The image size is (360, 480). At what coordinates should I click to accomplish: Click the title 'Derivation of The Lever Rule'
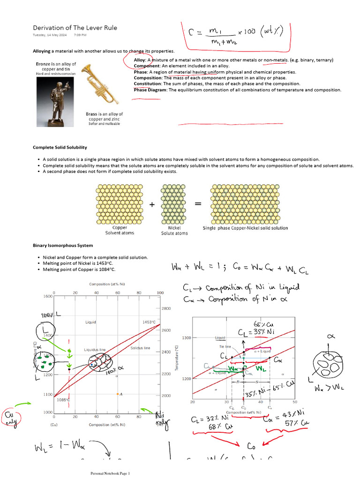[x=75, y=28]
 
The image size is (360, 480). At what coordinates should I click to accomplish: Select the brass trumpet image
[x=99, y=84]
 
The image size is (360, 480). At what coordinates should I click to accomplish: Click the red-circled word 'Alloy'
[x=139, y=60]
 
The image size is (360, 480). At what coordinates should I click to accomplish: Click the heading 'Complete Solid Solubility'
[x=60, y=147]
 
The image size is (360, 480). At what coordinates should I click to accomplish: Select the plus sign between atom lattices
[x=151, y=204]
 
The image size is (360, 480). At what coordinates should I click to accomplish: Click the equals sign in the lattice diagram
[x=198, y=204]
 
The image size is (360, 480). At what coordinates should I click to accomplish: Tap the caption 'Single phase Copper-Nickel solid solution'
[x=245, y=228]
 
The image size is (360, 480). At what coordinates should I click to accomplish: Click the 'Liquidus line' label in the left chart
[x=95, y=350]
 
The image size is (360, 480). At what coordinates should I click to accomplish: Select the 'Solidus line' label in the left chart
[x=141, y=348]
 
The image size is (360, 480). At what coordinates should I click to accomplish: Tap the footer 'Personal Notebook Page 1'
[x=110, y=473]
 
